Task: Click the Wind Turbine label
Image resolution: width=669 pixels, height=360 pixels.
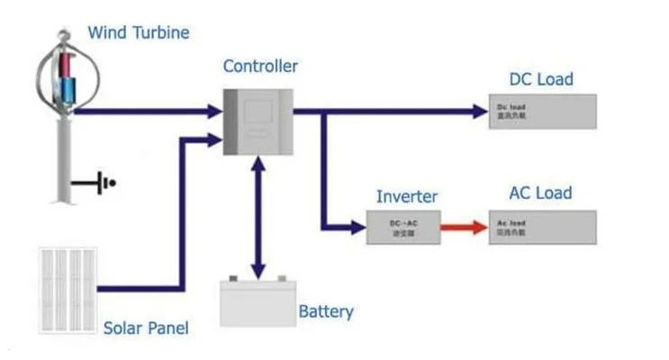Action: tap(138, 33)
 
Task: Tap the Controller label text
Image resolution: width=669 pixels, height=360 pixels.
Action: tap(260, 66)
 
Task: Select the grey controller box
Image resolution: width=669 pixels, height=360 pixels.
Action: tap(258, 121)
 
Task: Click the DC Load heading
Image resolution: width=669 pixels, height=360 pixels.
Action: tap(540, 79)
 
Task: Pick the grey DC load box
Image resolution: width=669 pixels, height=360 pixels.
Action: tap(542, 112)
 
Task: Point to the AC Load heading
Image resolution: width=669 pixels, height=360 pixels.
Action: tap(540, 193)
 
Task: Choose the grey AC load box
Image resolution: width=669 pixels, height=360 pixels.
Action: tap(542, 228)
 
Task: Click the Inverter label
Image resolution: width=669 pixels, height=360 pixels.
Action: tap(406, 196)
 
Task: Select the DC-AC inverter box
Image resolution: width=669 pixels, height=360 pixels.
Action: tap(402, 228)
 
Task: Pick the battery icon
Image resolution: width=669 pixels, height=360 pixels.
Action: tap(258, 301)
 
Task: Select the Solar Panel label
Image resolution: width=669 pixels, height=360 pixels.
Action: tap(146, 328)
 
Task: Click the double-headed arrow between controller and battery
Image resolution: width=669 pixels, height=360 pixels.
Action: tap(258, 216)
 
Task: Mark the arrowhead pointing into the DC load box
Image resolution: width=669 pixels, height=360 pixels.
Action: tap(479, 112)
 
